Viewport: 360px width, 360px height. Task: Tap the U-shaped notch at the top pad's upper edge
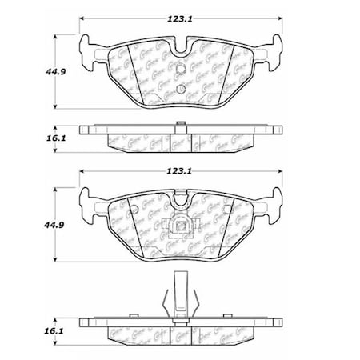click(x=183, y=45)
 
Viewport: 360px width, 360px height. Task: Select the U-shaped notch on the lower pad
click(x=183, y=202)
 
